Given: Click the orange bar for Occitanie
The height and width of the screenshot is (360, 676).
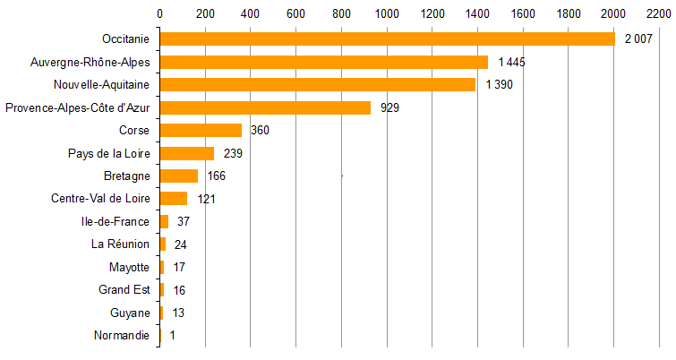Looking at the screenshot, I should click(x=387, y=39).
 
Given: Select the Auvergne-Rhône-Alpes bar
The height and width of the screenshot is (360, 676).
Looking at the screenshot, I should click(x=323, y=62).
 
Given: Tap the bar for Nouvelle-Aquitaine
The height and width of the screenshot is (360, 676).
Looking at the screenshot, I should click(x=317, y=84).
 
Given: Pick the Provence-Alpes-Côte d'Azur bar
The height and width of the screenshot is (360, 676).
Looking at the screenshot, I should click(x=265, y=107).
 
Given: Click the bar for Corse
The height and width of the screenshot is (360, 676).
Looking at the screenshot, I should click(x=201, y=130).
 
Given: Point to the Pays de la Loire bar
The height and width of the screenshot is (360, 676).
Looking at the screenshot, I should click(x=187, y=153).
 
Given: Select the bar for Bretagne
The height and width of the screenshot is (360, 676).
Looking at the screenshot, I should click(x=178, y=176).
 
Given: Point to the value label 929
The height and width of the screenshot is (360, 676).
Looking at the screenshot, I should click(x=389, y=107).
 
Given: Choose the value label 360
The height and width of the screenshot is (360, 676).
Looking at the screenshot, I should click(x=261, y=131).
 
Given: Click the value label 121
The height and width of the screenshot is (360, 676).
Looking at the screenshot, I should click(x=207, y=199).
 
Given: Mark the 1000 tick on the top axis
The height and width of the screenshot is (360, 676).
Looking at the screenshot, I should click(x=386, y=13).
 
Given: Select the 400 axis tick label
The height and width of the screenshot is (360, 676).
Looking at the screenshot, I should click(x=250, y=13).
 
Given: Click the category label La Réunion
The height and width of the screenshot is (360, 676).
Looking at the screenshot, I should click(x=120, y=244).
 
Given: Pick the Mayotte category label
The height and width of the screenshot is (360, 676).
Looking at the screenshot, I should click(x=130, y=267).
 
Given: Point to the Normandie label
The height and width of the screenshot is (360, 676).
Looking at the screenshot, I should click(x=122, y=336).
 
